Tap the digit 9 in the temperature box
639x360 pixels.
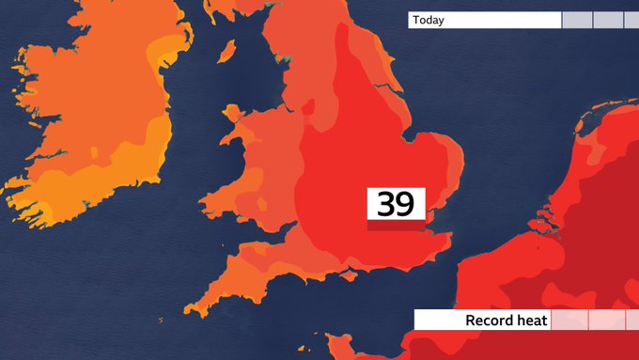click(406, 203)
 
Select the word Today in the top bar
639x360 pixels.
click(428, 20)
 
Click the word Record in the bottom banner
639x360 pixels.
click(490, 321)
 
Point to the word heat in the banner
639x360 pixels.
click(531, 321)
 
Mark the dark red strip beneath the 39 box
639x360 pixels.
click(396, 226)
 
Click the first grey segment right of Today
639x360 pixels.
click(576, 20)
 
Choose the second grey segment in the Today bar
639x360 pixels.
click(607, 20)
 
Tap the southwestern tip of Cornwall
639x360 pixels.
click(189, 312)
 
